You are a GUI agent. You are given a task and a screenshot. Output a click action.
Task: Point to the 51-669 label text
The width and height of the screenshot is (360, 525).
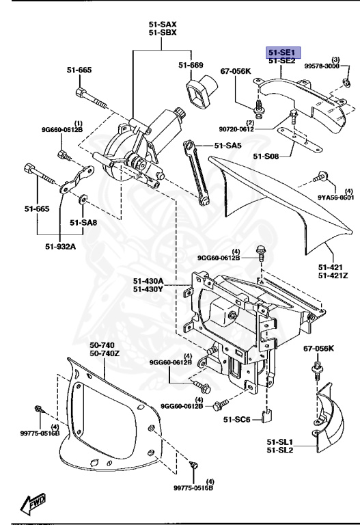191,65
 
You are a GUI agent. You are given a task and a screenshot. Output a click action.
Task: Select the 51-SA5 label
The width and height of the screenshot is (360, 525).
227,145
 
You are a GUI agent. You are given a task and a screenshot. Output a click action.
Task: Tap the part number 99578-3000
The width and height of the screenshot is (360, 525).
335,66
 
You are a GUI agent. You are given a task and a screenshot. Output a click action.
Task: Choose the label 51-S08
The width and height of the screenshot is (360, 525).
266,157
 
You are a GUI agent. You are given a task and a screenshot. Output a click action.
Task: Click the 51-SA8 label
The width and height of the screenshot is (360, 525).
83,222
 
